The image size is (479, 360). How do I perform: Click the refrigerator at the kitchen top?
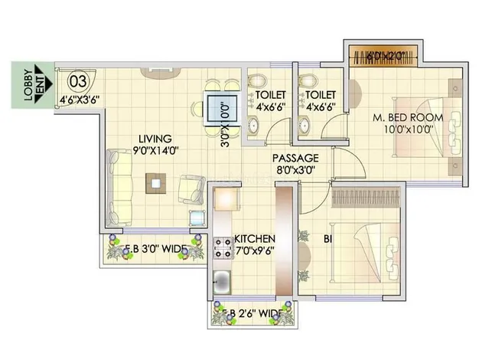click(x=227, y=198)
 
